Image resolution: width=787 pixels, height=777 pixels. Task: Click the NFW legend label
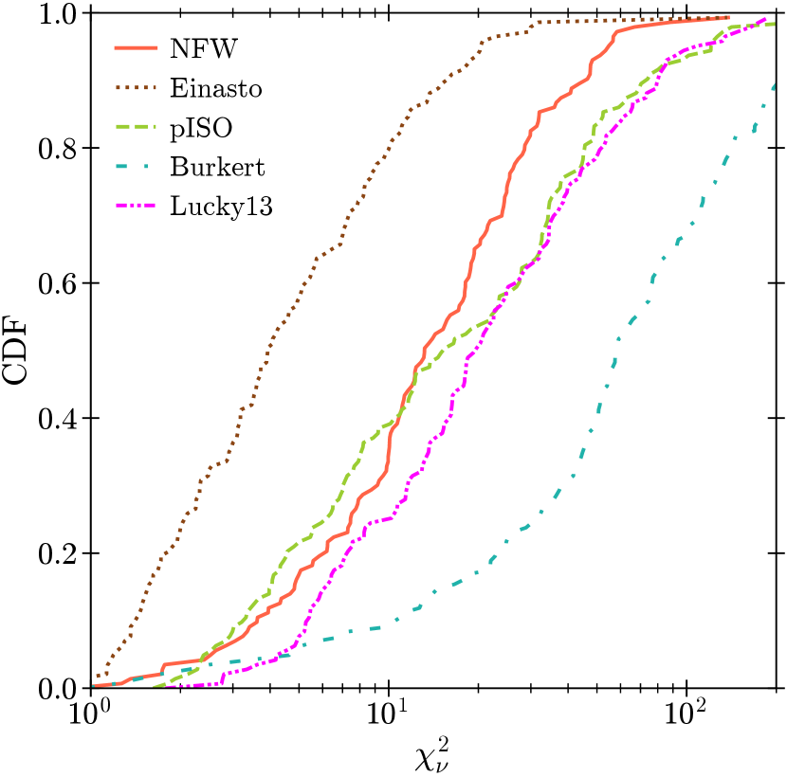pyautogui.click(x=203, y=49)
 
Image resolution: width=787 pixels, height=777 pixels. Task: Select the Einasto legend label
pyautogui.click(x=216, y=88)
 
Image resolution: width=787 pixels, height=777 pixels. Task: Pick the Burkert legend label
pyautogui.click(x=217, y=167)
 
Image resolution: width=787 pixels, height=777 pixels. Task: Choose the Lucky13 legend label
pyautogui.click(x=221, y=207)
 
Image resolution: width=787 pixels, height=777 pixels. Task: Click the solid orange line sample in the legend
pyautogui.click(x=136, y=48)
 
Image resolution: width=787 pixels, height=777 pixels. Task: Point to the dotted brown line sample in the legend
pyautogui.click(x=136, y=88)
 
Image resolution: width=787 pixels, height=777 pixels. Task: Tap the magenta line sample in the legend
pyautogui.click(x=136, y=207)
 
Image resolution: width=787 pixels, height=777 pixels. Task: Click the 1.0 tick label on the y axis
pyautogui.click(x=57, y=14)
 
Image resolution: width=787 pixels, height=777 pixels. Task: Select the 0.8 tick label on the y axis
pyautogui.click(x=57, y=149)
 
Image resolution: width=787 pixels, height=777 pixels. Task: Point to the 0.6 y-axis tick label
pyautogui.click(x=57, y=283)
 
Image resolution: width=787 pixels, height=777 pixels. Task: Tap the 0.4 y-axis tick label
pyautogui.click(x=57, y=418)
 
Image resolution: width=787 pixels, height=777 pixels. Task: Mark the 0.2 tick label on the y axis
pyautogui.click(x=57, y=553)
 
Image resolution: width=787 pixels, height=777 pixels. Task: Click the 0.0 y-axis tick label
pyautogui.click(x=57, y=688)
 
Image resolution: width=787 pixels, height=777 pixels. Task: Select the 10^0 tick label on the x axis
pyautogui.click(x=90, y=712)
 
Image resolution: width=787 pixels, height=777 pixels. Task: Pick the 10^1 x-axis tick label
pyautogui.click(x=389, y=712)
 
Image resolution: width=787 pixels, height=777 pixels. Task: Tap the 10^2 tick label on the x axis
pyautogui.click(x=686, y=712)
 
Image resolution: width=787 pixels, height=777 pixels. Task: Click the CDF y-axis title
pyautogui.click(x=14, y=351)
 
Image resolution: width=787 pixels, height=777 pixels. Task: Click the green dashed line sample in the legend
pyautogui.click(x=136, y=127)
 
